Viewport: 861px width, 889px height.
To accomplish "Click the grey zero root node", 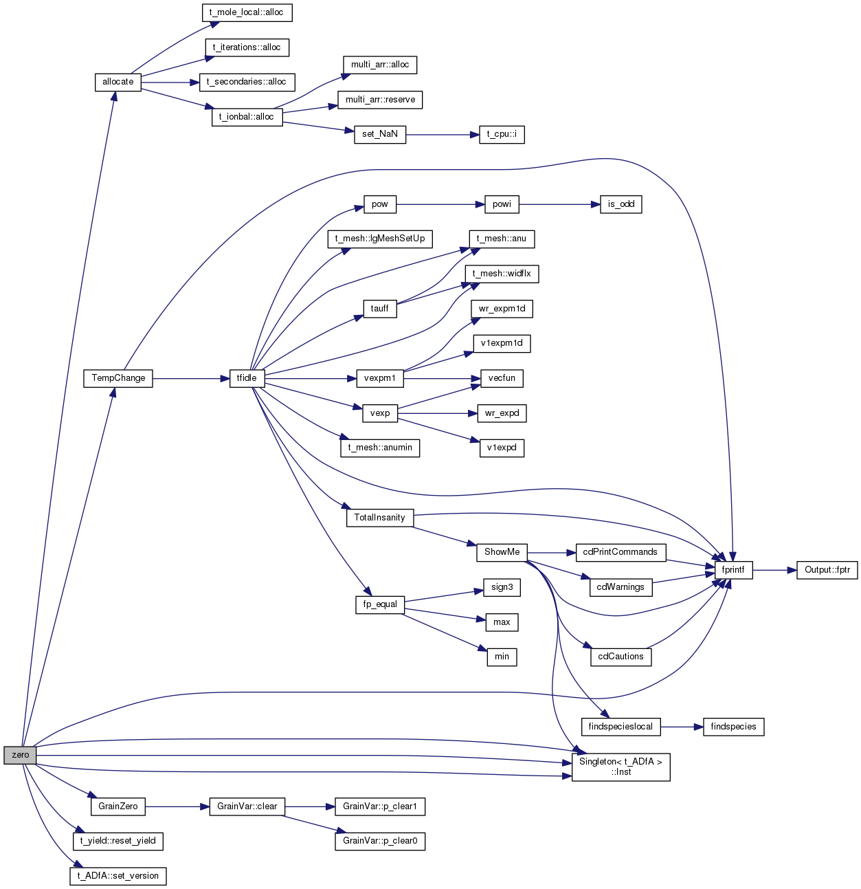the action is (20, 755).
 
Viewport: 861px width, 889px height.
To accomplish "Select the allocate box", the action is (118, 83).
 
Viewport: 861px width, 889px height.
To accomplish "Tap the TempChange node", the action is (118, 378).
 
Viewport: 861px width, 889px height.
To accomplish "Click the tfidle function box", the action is (247, 378).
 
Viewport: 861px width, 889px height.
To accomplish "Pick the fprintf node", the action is (733, 570).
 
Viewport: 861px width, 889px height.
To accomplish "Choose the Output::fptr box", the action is (827, 570).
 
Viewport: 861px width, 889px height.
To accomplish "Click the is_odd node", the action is (620, 204).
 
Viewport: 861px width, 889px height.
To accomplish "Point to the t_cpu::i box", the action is (502, 135).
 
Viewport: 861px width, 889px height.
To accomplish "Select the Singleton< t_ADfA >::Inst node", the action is (620, 767).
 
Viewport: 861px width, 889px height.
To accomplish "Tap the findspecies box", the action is (733, 726).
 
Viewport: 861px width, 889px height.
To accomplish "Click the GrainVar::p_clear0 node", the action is (380, 841).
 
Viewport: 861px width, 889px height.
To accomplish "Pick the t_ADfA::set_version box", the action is (118, 876).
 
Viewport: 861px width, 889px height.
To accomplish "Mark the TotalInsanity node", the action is (380, 518).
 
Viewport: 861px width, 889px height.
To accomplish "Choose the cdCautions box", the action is (620, 657).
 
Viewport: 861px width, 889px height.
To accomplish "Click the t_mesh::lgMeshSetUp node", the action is (380, 239).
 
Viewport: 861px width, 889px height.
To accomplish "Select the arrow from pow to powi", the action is (440, 204).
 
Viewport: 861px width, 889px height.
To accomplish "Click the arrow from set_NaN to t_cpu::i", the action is (443, 135).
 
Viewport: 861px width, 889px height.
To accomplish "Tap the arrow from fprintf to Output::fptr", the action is (774, 570).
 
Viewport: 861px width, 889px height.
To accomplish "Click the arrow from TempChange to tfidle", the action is (191, 378).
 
